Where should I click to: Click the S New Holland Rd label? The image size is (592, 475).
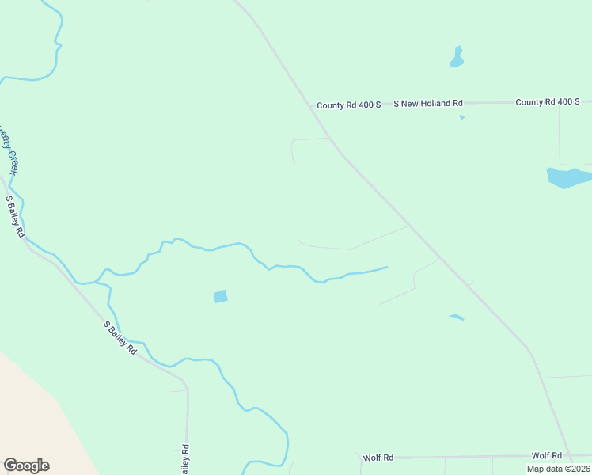coord(428,104)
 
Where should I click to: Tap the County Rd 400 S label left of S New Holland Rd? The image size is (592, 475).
coord(349,104)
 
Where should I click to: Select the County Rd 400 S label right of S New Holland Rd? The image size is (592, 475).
coord(548,102)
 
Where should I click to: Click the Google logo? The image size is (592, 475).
coord(26,465)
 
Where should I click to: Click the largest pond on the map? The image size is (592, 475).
coord(568,177)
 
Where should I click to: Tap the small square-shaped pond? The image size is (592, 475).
coord(221,296)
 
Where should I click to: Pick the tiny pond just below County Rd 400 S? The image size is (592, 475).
coord(461,118)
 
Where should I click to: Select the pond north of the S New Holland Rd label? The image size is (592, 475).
coord(457,58)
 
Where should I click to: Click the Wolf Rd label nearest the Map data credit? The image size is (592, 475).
coord(546,456)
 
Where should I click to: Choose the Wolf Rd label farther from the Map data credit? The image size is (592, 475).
coord(378,458)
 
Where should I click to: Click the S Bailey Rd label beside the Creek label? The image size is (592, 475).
coord(16,217)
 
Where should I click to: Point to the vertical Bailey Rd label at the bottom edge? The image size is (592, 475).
coord(184,460)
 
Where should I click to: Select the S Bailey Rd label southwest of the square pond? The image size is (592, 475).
coord(120,337)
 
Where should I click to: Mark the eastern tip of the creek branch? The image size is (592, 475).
coord(387,267)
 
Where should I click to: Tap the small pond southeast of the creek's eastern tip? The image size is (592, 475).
coord(456,317)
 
